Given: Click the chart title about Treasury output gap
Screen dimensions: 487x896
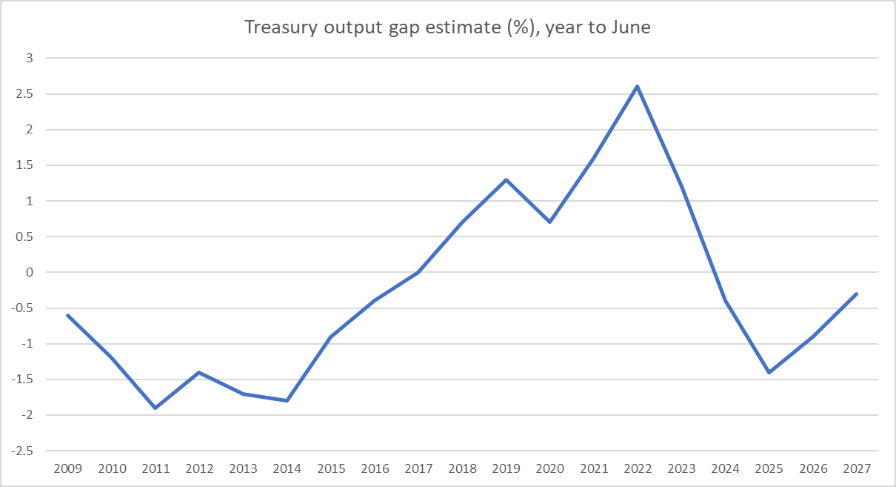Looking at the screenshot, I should (x=448, y=28).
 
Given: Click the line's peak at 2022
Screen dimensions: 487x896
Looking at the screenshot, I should (x=638, y=87).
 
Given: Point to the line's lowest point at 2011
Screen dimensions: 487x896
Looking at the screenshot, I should (x=156, y=408).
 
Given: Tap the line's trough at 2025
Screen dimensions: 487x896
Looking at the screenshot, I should (x=769, y=372).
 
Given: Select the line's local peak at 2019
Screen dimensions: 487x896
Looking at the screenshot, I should (x=506, y=179).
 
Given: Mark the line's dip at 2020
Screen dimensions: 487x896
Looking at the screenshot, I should (x=550, y=222).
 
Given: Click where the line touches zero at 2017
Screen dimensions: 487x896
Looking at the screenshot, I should (x=418, y=272).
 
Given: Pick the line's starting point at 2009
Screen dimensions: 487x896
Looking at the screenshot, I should (x=68, y=315).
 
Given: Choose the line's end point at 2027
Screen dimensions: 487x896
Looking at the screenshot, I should (x=857, y=294).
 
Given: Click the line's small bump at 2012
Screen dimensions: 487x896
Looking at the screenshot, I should (x=199, y=372).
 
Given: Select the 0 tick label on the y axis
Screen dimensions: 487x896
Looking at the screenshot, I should (x=31, y=273).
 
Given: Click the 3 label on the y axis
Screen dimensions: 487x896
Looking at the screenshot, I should (x=31, y=58).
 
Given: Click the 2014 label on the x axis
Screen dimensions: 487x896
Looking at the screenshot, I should (x=287, y=469).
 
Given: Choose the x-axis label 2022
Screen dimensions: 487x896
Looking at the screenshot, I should (x=638, y=469).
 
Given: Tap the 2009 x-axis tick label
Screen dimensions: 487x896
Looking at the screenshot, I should (x=68, y=469).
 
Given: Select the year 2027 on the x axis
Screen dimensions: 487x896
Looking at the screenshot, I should (x=857, y=469).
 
